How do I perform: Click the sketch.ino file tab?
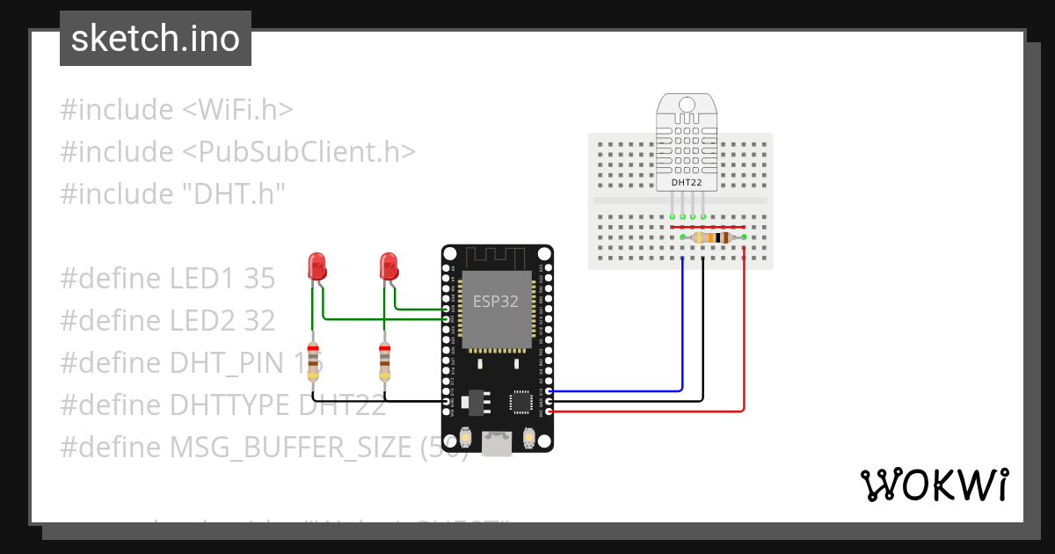pos(156,39)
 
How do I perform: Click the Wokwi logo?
pos(934,485)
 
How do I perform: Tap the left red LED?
pos(317,265)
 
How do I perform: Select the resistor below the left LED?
pos(313,361)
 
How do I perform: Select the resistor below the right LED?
pos(384,361)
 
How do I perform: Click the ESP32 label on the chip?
pos(496,300)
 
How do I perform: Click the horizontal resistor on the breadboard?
pos(713,237)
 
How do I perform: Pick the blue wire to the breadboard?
pos(682,334)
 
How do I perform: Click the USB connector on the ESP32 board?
pos(498,443)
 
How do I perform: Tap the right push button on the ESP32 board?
pos(529,437)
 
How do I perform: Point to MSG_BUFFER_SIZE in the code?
pos(287,448)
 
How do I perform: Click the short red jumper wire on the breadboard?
pos(713,227)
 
